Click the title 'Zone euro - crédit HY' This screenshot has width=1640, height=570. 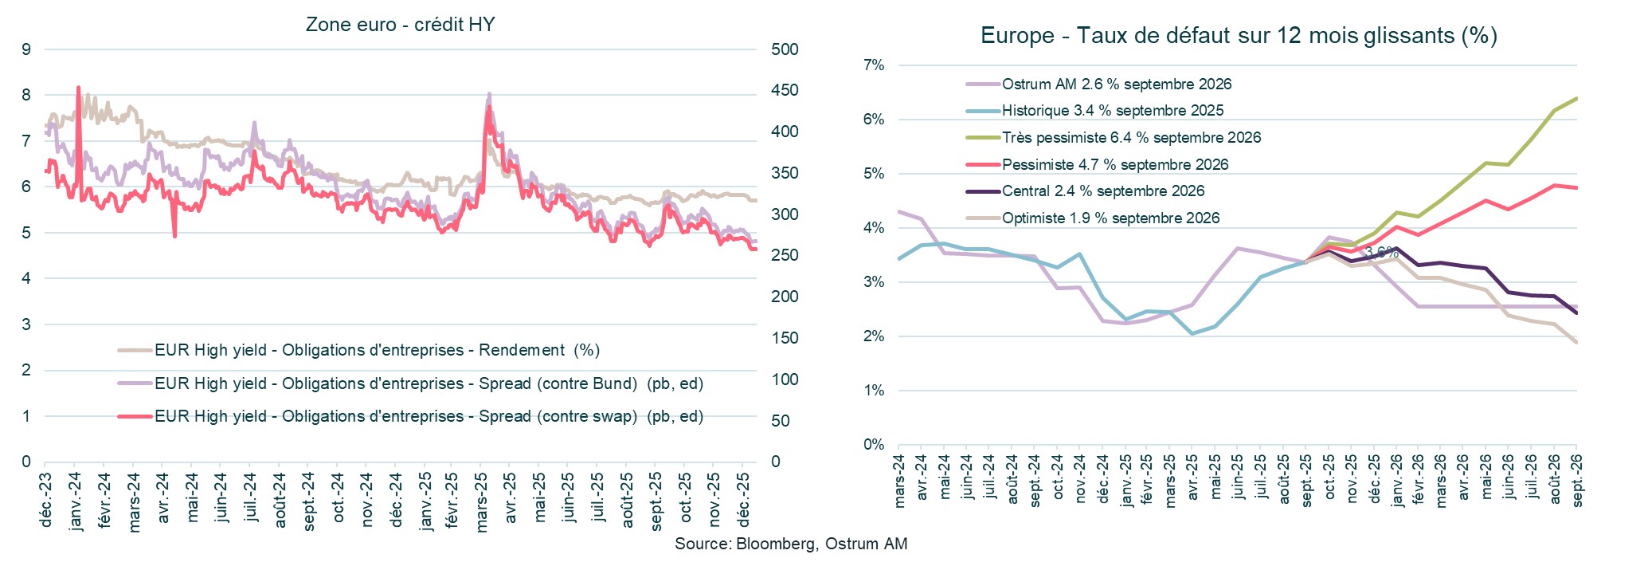click(x=400, y=25)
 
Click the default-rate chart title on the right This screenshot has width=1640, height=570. click(x=1239, y=36)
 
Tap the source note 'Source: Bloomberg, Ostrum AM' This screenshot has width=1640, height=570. click(x=791, y=544)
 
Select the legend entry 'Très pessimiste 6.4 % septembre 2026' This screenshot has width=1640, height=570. click(x=1131, y=138)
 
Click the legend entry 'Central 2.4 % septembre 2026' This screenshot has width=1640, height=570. click(x=1102, y=191)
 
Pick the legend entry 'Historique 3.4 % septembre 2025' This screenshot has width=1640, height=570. click(x=1112, y=111)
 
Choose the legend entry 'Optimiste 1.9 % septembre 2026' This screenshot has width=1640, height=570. click(x=1110, y=218)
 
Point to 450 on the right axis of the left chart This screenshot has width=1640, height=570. click(x=784, y=91)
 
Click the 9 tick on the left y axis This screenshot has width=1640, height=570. click(x=27, y=49)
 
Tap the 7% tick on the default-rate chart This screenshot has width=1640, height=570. click(x=874, y=65)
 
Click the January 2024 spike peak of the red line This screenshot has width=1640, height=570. click(x=78, y=87)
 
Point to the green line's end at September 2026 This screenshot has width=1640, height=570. click(x=1576, y=98)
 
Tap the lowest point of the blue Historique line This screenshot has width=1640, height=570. click(x=1192, y=333)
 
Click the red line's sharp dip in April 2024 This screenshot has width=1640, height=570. click(x=174, y=236)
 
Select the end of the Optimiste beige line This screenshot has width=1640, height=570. click(x=1576, y=343)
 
